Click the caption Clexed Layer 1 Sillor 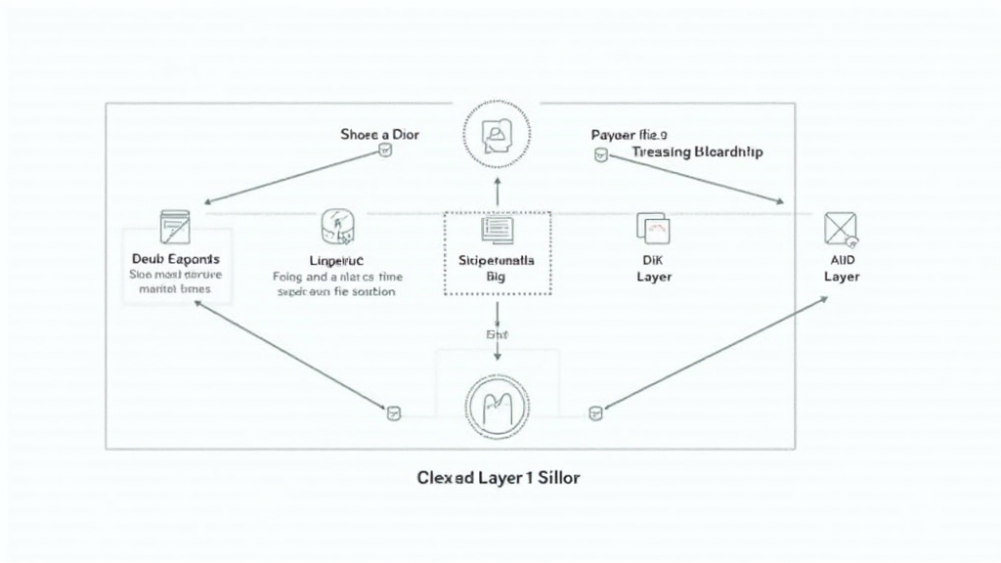point(498,479)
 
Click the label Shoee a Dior point(379,134)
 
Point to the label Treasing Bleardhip point(697,152)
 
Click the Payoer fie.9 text point(629,134)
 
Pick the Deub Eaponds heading point(175,259)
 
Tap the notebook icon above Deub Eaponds point(175,226)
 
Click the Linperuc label point(335,260)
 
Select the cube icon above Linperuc point(336,227)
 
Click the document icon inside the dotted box point(497,230)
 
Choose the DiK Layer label point(654,269)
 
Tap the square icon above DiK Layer point(653,228)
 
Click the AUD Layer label point(841,269)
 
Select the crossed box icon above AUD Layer point(841,229)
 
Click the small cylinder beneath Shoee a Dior point(384,152)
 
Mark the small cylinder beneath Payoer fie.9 point(599,154)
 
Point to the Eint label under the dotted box point(497,334)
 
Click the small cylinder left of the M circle point(394,413)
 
